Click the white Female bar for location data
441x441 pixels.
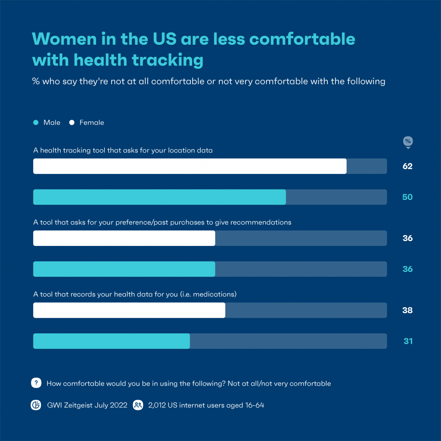(189, 166)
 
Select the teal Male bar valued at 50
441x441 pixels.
(159, 197)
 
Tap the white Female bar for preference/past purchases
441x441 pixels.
(124, 238)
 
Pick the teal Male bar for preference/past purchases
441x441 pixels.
(124, 269)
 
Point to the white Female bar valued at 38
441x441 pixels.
(129, 310)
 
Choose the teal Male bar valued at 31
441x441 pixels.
(112, 341)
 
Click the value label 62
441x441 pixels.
(407, 166)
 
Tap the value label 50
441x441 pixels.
(407, 197)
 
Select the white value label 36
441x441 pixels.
(407, 238)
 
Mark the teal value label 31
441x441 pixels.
(408, 341)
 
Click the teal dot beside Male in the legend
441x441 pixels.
(36, 123)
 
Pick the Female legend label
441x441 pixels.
(91, 123)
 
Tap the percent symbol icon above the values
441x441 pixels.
(407, 142)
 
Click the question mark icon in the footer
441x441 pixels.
(36, 383)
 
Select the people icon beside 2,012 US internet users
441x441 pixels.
(138, 405)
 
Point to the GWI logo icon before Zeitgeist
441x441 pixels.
(36, 405)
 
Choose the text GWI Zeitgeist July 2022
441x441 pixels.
(87, 405)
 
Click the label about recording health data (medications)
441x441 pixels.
(135, 295)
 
